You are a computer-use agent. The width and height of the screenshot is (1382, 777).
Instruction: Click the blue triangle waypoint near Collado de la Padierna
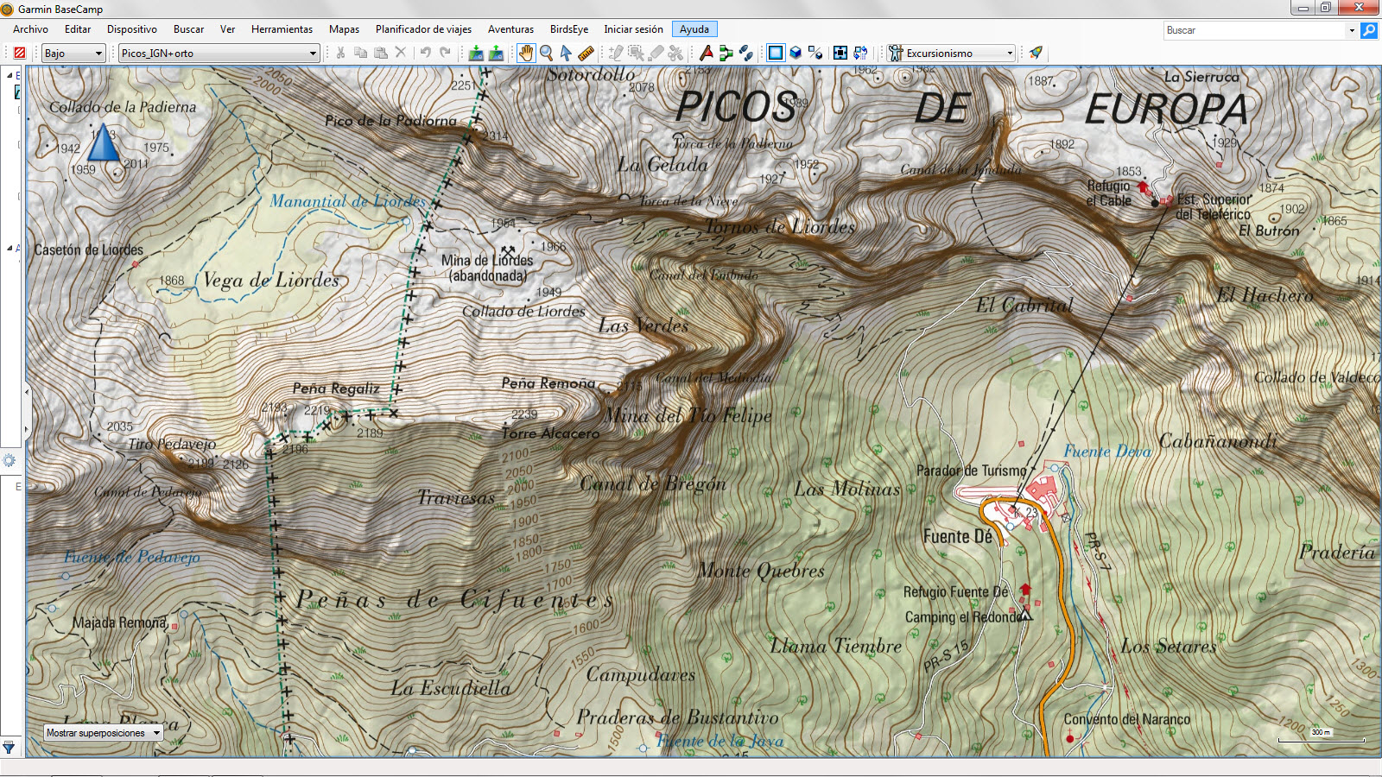click(104, 143)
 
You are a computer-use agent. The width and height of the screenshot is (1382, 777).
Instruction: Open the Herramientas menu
click(282, 29)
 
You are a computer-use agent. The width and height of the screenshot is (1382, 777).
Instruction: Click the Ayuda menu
click(694, 29)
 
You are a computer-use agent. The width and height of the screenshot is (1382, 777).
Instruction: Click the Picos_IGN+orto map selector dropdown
click(219, 54)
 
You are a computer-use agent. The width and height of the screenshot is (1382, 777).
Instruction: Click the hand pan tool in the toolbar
click(526, 54)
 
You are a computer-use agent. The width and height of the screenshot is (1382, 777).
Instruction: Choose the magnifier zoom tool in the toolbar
click(546, 54)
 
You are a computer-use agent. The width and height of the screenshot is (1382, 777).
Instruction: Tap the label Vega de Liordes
click(271, 281)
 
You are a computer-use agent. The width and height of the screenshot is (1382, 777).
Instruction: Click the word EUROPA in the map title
click(1166, 110)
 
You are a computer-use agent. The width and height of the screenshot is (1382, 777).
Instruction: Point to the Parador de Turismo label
click(971, 471)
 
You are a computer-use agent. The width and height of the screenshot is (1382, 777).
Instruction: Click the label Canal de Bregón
click(653, 483)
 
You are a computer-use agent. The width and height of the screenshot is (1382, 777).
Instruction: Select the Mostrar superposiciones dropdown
click(104, 733)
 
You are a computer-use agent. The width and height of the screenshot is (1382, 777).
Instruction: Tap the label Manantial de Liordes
click(347, 201)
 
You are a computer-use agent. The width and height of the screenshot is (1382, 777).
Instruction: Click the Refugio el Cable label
click(1109, 193)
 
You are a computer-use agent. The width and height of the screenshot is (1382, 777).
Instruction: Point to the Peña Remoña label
click(548, 382)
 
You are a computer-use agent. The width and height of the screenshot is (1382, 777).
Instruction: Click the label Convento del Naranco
click(1126, 719)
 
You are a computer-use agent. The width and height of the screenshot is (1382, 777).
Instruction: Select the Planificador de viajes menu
click(423, 29)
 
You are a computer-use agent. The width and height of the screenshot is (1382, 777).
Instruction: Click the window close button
click(1358, 8)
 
